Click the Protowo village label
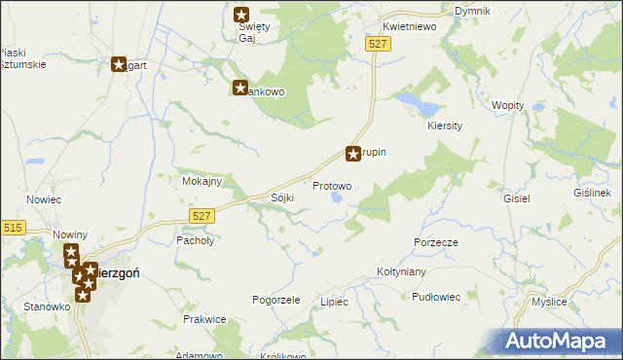(332, 185)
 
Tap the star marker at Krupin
(353, 154)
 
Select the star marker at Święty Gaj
(242, 15)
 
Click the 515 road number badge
(13, 228)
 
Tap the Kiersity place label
(445, 126)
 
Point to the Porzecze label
(435, 241)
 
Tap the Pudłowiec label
(436, 297)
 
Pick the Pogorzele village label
(275, 300)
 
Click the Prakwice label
(204, 319)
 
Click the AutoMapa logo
(560, 341)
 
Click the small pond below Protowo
(337, 198)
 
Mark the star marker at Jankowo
(240, 89)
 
